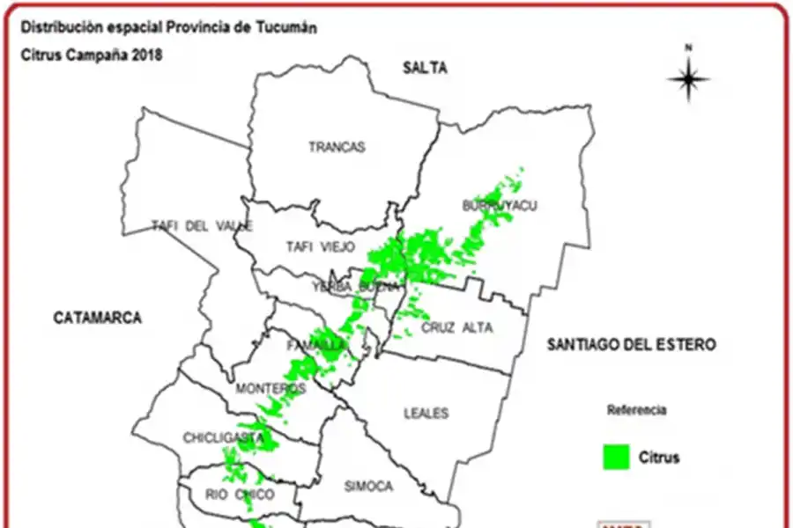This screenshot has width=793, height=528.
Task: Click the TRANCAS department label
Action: coord(337,147)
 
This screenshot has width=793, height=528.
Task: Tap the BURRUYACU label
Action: coord(500,206)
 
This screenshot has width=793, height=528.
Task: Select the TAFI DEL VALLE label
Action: coord(203,226)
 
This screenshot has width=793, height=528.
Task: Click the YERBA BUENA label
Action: coord(350,287)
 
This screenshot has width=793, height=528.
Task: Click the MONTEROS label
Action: coord(271,388)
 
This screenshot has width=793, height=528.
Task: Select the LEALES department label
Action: coord(426,413)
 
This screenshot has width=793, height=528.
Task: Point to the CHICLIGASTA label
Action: coord(224,437)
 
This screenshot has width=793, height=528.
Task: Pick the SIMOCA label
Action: coord(368,487)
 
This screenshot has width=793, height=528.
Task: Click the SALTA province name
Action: coord(426,68)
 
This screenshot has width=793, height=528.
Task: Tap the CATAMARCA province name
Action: coord(97,318)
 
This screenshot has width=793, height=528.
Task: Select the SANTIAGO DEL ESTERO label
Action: coord(631,344)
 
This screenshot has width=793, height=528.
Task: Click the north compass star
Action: coord(689,79)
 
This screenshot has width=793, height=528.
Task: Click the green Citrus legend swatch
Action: coord(616,457)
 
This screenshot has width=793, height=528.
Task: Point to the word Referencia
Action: coord(637,410)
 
